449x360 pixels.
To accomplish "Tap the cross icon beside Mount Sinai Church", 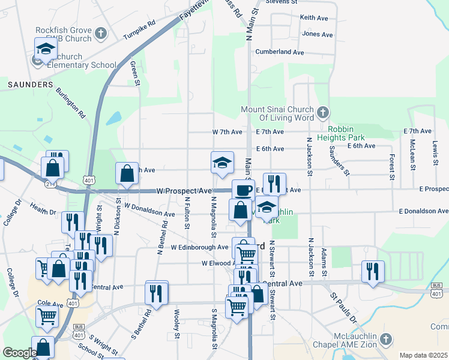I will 323,112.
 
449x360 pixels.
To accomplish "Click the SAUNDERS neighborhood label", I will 31,85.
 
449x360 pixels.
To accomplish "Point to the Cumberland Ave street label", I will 280,52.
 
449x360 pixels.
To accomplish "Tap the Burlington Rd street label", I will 71,102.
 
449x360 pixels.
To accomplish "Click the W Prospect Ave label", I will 184,191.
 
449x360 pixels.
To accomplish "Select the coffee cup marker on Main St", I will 243,190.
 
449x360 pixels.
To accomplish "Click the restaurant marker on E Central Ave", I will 373,271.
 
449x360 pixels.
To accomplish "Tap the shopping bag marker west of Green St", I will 127,173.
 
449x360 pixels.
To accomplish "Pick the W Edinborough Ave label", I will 199,247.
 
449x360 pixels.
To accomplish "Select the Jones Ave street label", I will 318,34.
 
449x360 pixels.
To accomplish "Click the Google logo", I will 19,353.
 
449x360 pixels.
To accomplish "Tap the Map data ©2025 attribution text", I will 423,355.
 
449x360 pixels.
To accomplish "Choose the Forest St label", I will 391,167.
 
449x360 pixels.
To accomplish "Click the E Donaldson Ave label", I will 423,211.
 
